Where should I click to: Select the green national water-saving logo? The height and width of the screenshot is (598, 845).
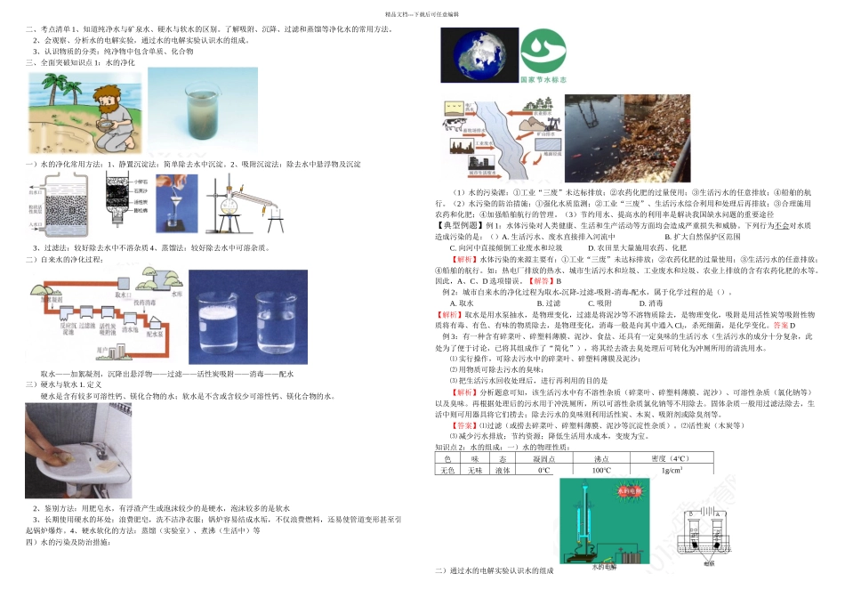(x=542, y=53)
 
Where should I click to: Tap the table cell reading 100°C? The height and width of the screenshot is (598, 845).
(x=601, y=470)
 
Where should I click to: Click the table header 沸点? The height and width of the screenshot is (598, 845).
(x=601, y=458)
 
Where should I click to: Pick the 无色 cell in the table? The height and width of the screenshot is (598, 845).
(x=447, y=470)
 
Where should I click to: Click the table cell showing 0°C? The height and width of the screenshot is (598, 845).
(x=543, y=470)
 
